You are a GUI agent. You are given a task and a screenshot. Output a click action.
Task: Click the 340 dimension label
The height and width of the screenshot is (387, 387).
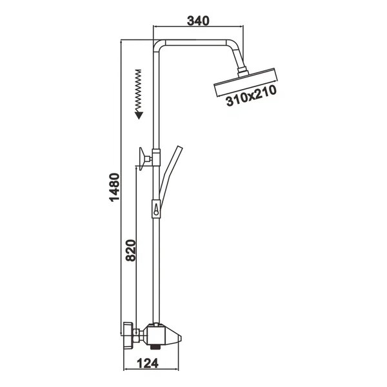198,21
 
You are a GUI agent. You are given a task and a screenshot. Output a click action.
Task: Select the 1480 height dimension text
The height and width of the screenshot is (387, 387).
115,188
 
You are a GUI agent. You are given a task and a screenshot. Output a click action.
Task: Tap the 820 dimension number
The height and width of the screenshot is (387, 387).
131,250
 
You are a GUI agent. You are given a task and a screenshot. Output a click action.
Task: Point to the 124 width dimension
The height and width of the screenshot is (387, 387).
148,363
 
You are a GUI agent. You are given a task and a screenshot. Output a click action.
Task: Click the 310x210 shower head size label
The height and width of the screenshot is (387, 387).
251,95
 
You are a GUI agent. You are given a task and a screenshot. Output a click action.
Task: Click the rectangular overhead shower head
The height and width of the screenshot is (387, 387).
245,82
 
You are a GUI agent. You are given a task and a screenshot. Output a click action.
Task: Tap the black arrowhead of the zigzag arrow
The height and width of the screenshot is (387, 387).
139,115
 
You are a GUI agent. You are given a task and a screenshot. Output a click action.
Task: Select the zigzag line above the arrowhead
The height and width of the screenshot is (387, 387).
139,91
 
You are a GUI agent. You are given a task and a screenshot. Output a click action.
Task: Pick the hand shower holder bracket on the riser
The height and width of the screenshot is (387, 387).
156,209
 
